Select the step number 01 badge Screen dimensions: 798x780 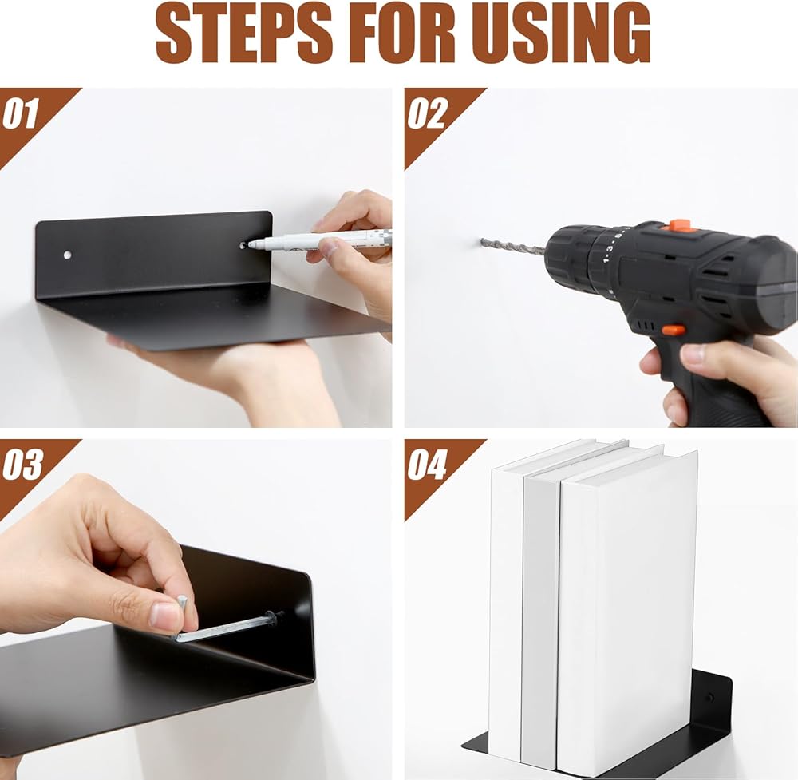[21, 113]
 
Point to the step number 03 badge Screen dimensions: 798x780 [22, 465]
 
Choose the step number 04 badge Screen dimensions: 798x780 [427, 465]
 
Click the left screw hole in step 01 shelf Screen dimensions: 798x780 [68, 254]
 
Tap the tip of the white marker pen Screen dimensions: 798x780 [251, 245]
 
